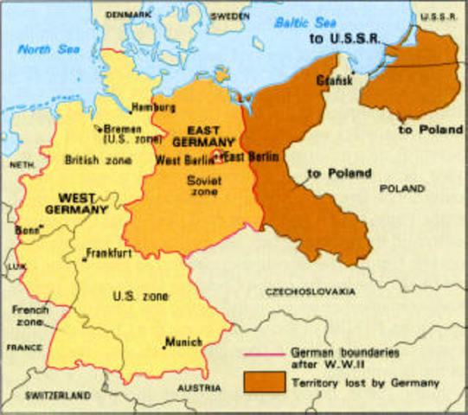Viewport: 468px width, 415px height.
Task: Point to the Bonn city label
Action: click(27, 231)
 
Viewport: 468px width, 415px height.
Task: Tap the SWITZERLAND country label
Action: click(58, 395)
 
